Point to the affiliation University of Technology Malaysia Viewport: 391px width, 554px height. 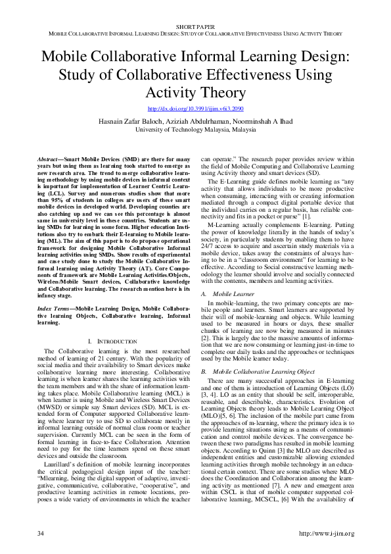[x=195, y=130]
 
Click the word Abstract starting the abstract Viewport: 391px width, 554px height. [x=49, y=160]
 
